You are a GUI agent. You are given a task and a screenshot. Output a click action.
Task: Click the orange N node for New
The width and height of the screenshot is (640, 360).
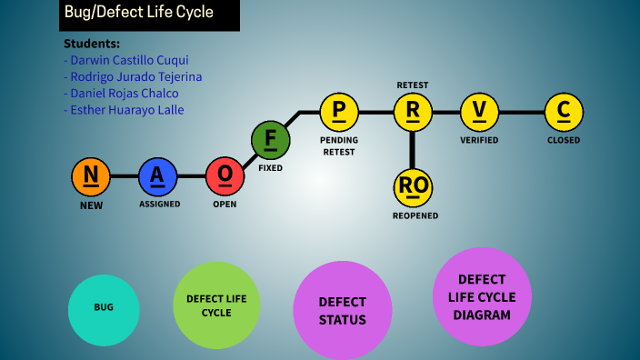click(91, 176)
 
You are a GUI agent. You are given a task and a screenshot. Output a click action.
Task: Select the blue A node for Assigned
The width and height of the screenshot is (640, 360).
click(158, 176)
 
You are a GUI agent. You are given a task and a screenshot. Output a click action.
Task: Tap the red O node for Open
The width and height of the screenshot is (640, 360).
click(225, 176)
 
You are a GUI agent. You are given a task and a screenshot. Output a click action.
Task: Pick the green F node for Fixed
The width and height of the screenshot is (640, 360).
click(270, 141)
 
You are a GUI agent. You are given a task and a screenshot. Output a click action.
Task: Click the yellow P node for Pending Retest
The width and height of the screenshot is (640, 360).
click(339, 112)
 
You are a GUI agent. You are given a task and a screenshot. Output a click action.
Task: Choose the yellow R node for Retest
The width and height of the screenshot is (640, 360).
click(413, 112)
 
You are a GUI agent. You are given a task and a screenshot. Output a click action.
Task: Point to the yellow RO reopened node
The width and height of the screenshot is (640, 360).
click(414, 186)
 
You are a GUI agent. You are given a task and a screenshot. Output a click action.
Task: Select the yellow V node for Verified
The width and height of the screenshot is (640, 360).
click(479, 112)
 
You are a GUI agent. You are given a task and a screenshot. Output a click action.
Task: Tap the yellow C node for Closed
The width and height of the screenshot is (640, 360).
click(564, 112)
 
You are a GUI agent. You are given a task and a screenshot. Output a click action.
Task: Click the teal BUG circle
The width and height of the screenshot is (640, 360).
click(104, 307)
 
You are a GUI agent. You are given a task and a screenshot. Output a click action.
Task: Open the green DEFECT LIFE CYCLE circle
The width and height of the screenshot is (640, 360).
click(216, 305)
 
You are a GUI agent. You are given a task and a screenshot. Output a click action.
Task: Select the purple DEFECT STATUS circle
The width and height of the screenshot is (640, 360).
click(342, 311)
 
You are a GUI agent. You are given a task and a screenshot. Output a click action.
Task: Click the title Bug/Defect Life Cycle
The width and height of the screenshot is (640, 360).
click(139, 13)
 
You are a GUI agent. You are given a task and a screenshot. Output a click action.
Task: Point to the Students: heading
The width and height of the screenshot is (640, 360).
click(92, 44)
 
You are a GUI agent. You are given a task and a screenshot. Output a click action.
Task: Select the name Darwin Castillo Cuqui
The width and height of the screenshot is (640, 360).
click(126, 60)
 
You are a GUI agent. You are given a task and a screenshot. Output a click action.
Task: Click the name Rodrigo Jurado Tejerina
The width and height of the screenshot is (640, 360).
click(133, 76)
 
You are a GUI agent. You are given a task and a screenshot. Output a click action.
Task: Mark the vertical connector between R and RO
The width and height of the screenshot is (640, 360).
click(413, 148)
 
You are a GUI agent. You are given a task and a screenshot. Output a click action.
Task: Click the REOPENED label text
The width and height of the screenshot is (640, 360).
click(415, 215)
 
